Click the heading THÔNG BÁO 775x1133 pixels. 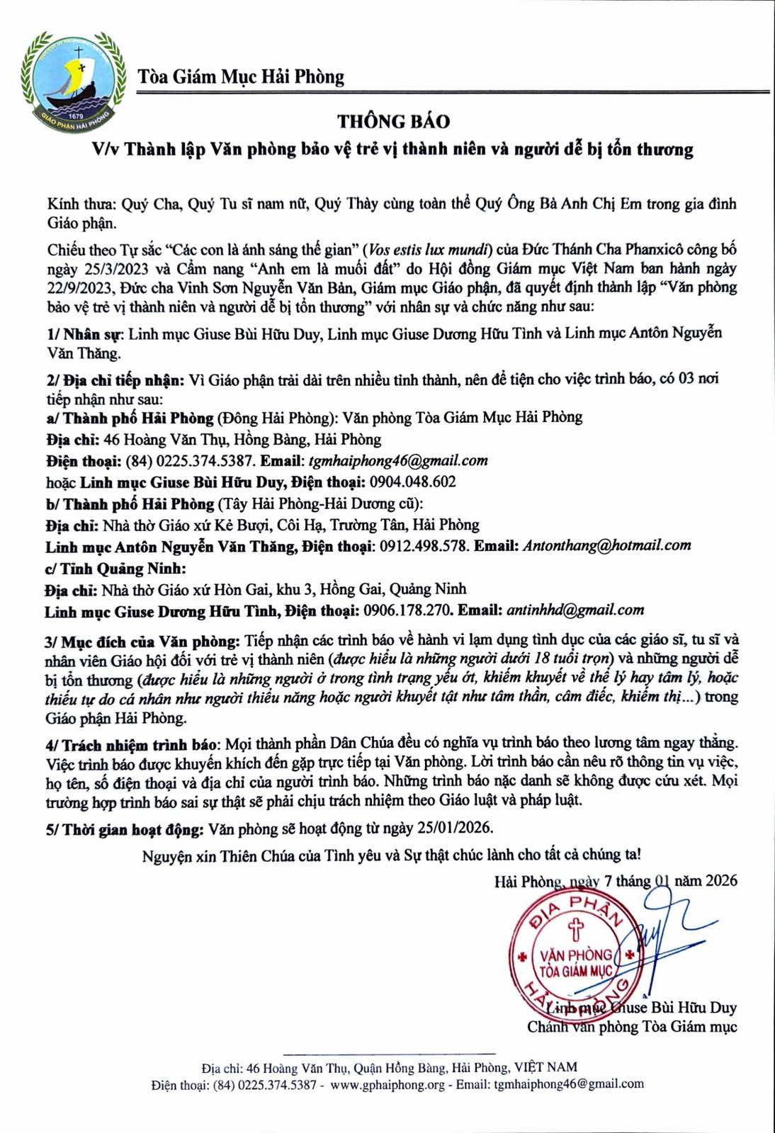tap(393, 122)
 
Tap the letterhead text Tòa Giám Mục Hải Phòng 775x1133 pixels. tap(241, 76)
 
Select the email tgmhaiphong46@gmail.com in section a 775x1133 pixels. tap(398, 461)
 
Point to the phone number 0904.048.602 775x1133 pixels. tap(412, 482)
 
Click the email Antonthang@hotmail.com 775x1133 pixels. tap(606, 545)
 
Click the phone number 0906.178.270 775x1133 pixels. tap(407, 610)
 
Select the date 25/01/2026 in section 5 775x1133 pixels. tap(455, 828)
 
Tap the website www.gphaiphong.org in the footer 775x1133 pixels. tap(387, 1084)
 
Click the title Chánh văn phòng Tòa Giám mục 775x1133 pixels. tap(632, 1027)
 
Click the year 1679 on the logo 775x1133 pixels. tap(75, 115)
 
